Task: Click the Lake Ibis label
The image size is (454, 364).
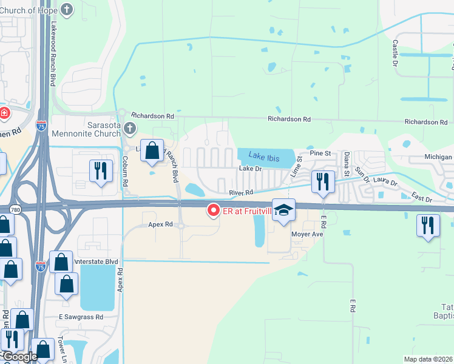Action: click(x=264, y=158)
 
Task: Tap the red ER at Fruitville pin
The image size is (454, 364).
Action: click(x=213, y=211)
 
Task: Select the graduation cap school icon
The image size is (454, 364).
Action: click(x=283, y=210)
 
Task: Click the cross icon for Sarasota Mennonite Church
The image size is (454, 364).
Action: click(x=129, y=128)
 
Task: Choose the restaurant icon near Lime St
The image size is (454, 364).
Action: click(x=323, y=181)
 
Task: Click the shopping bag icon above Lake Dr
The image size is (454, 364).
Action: click(x=152, y=150)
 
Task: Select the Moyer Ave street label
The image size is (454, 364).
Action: click(x=308, y=234)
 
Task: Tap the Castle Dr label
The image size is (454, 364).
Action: click(x=396, y=54)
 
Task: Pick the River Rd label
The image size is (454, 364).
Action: click(x=240, y=192)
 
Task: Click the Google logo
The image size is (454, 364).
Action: click(x=19, y=357)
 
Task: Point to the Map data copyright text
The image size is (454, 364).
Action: click(x=428, y=359)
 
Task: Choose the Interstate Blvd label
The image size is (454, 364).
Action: click(x=94, y=261)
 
